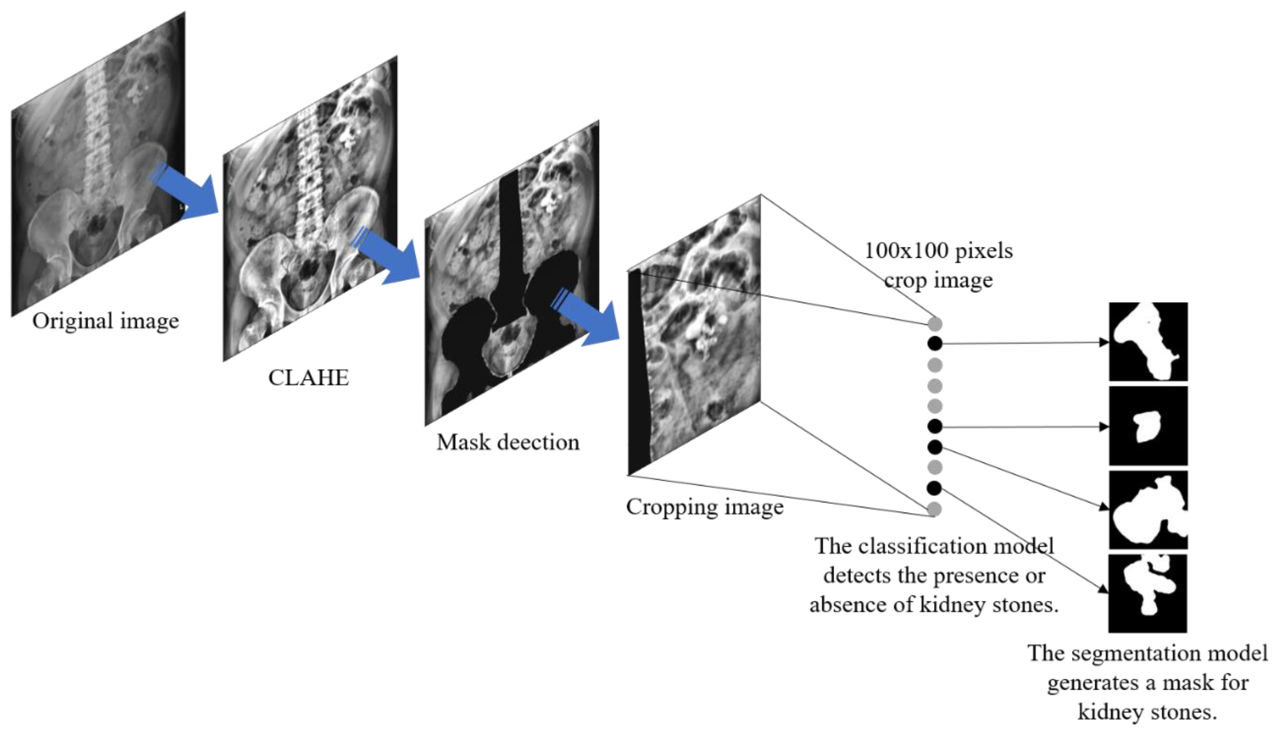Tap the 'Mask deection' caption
click(508, 443)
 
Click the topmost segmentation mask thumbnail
click(1148, 342)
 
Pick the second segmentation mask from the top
click(1148, 426)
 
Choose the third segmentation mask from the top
click(1148, 510)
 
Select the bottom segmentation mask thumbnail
click(1148, 593)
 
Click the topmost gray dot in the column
click(934, 324)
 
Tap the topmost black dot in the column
click(934, 344)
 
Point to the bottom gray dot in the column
click(934, 509)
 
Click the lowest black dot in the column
click(934, 488)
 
